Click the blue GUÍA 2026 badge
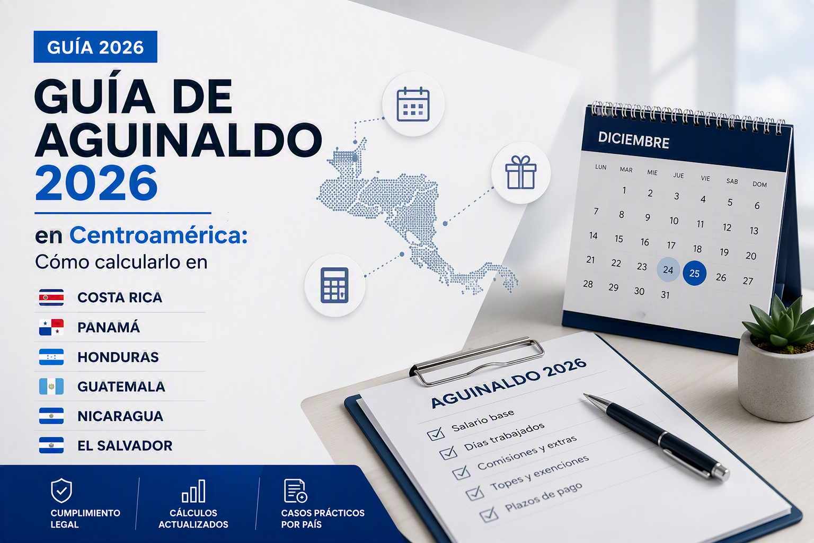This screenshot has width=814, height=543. pyautogui.click(x=95, y=47)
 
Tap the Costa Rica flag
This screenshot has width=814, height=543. pyautogui.click(x=51, y=297)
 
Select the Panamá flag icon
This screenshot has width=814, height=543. pyautogui.click(x=51, y=327)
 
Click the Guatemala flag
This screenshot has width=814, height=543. pyautogui.click(x=51, y=386)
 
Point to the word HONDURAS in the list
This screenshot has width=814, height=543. pyautogui.click(x=118, y=357)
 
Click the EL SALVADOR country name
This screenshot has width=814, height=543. pyautogui.click(x=125, y=445)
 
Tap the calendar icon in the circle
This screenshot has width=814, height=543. pyautogui.click(x=413, y=104)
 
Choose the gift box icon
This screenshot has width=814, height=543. pyautogui.click(x=521, y=172)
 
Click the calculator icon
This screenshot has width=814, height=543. pyautogui.click(x=334, y=285)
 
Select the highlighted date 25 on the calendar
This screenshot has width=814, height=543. pyautogui.click(x=694, y=273)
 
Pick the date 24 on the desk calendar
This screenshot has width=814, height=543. pyautogui.click(x=668, y=269)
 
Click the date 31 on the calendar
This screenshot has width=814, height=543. pyautogui.click(x=665, y=295)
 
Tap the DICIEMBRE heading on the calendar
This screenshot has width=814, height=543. pyautogui.click(x=633, y=140)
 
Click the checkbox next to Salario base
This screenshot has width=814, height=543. pyautogui.click(x=436, y=434)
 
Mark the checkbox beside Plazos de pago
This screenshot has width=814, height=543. pyautogui.click(x=489, y=515)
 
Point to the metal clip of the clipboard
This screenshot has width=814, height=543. pyautogui.click(x=477, y=361)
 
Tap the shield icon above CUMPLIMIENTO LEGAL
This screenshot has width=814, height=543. pyautogui.click(x=61, y=491)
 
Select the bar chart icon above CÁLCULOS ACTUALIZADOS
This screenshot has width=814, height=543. pyautogui.click(x=193, y=491)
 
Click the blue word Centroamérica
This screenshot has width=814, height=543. pyautogui.click(x=158, y=235)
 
